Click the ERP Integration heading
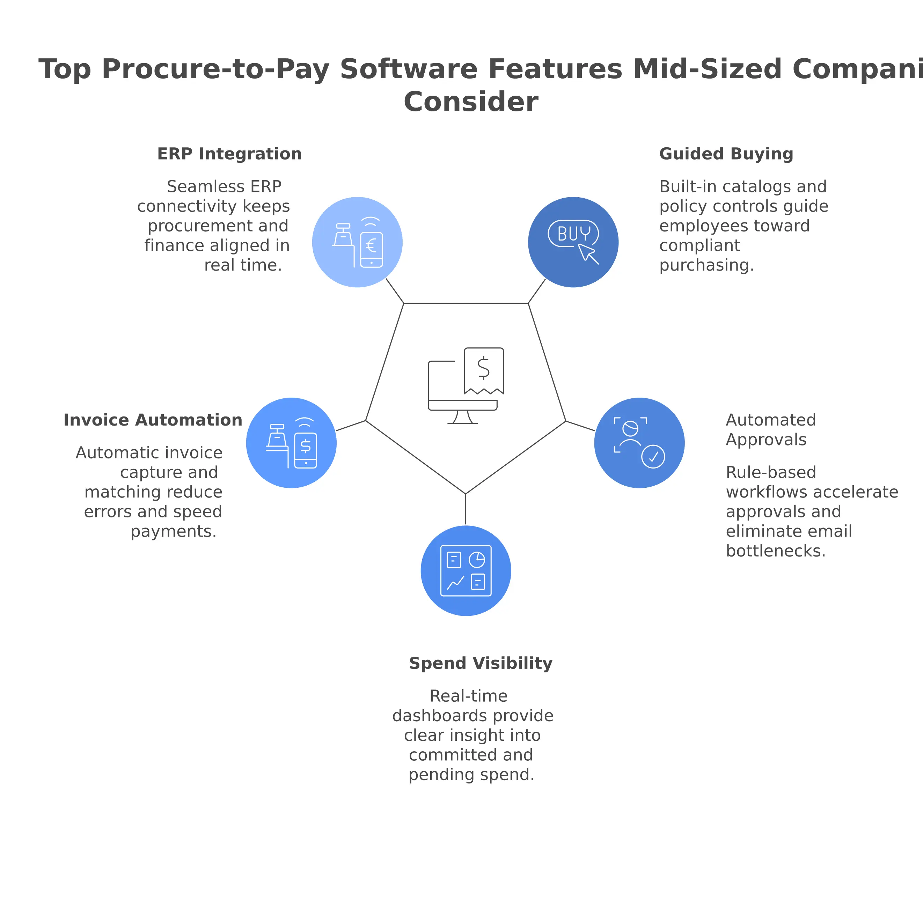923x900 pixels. [229, 154]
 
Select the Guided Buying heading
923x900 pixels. [726, 154]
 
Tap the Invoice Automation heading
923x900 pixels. [153, 420]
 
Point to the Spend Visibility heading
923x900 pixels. [481, 663]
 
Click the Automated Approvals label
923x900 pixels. [770, 430]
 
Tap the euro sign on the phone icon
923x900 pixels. [371, 245]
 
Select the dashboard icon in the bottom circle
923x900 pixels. [466, 571]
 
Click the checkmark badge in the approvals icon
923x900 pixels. [653, 457]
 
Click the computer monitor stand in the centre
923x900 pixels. [462, 417]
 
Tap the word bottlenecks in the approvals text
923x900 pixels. [776, 551]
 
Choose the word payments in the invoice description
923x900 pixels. [173, 532]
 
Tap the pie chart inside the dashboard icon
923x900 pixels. [477, 560]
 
